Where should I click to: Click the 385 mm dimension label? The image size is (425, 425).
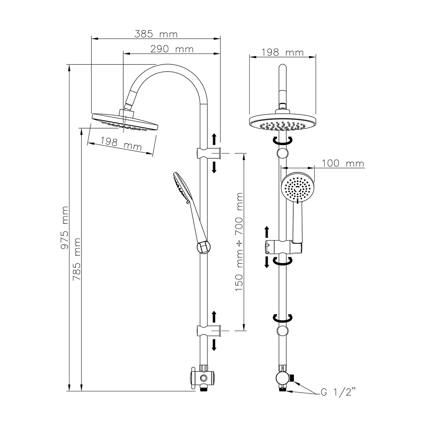coord(156,34)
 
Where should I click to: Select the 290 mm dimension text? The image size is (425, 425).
coord(172,49)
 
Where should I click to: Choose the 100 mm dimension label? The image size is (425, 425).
coord(343,163)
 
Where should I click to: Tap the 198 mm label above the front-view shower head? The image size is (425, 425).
coord(282,53)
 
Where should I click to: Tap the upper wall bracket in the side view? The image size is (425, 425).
coord(209,153)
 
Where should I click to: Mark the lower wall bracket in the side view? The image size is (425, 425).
coord(209,331)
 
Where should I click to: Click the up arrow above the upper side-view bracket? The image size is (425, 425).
coord(214,140)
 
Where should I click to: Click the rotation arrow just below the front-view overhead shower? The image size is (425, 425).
coord(282,141)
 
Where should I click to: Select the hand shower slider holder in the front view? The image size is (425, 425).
coord(283,246)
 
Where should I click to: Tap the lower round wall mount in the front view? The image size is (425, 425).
coord(282,331)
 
